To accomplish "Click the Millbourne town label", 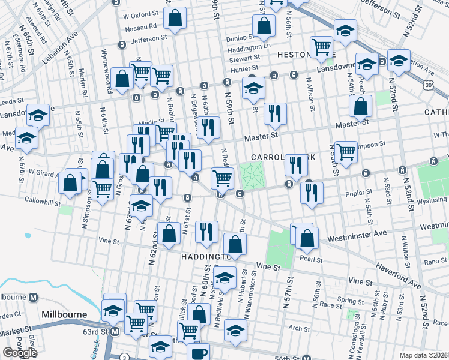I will (64, 314).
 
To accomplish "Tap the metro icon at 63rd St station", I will (114, 331).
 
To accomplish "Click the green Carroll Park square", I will (252, 176).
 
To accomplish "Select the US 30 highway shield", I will (444, 86).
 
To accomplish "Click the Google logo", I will (20, 353).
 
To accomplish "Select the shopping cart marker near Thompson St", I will (346, 151).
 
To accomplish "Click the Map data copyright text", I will (423, 355).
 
